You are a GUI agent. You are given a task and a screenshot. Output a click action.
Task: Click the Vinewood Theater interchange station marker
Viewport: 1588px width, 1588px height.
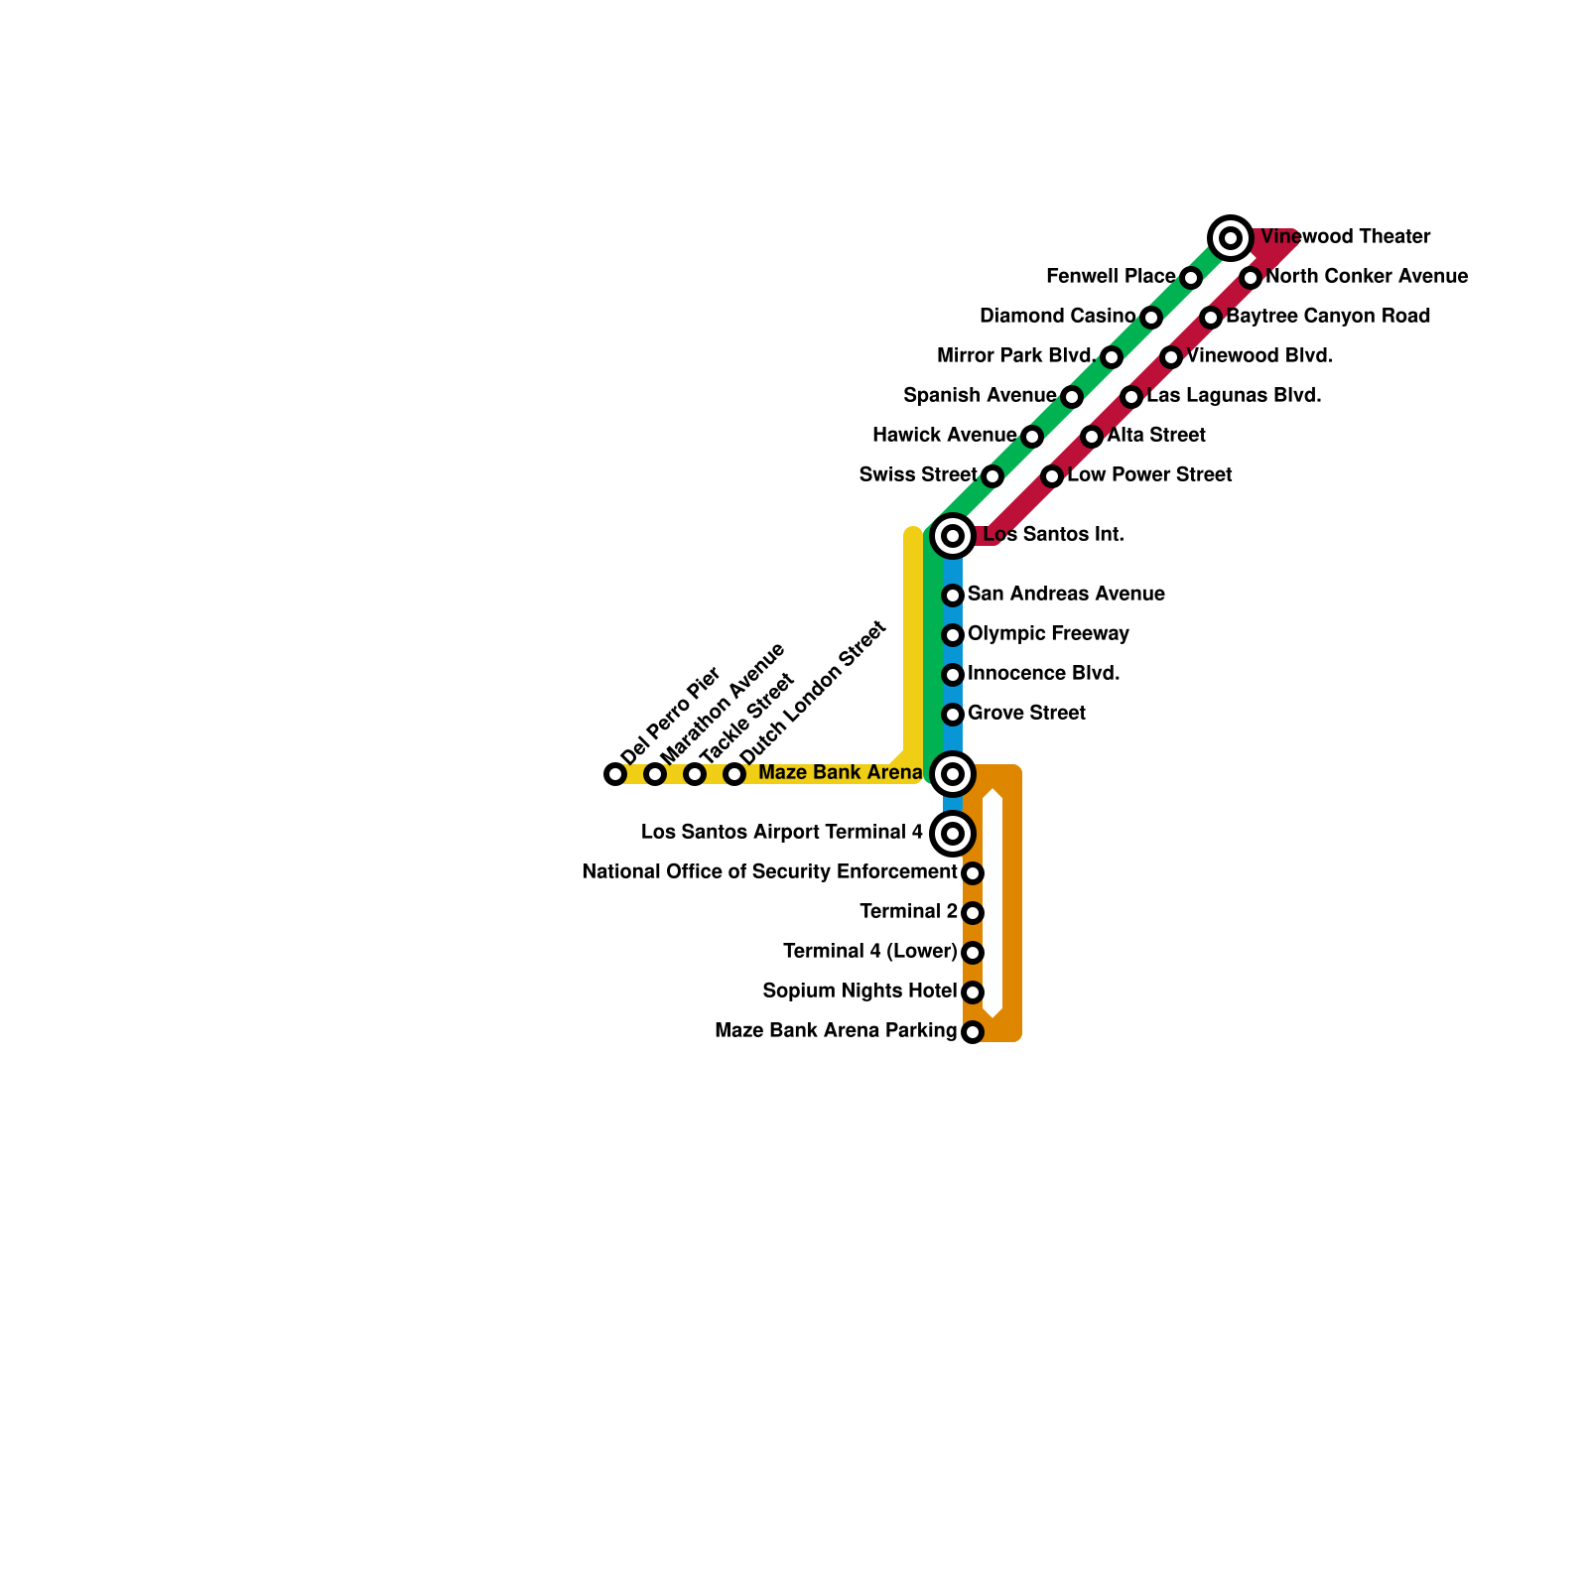(1231, 238)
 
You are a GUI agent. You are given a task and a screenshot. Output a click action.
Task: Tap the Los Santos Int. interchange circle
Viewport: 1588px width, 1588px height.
(953, 536)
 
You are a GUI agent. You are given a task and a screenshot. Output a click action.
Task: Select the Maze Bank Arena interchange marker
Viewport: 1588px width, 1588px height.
(953, 774)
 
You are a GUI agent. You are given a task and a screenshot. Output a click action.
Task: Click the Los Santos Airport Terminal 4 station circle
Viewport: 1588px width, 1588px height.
(953, 834)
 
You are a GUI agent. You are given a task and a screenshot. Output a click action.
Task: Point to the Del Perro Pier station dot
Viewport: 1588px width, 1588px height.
(615, 774)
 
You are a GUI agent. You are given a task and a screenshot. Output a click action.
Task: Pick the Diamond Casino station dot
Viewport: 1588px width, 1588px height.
(1151, 318)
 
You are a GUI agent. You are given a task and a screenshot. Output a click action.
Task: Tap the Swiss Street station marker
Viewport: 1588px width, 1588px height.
(992, 476)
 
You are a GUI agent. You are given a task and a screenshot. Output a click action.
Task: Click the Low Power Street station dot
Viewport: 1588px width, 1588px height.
(1052, 476)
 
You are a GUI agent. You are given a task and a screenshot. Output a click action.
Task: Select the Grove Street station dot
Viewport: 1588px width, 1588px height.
(953, 715)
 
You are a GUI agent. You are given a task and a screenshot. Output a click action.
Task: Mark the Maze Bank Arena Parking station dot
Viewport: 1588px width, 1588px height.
(973, 1032)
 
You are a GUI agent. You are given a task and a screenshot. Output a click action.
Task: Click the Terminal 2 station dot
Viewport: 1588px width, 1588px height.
(973, 913)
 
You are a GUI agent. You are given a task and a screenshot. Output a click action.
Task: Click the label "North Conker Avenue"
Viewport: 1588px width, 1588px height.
(1367, 277)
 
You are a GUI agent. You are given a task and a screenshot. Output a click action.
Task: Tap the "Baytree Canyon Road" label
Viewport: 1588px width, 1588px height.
(1328, 317)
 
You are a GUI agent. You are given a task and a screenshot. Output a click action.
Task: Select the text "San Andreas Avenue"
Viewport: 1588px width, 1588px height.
(1066, 595)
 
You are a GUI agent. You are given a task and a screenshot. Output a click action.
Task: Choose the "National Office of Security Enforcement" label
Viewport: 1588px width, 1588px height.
(769, 872)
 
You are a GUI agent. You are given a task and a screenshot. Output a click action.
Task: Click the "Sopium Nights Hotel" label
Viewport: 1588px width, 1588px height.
(860, 992)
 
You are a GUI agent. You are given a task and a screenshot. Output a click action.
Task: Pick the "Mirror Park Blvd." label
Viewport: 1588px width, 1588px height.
(1016, 356)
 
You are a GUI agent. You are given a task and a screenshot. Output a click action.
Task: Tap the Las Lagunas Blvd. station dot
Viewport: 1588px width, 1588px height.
(1131, 397)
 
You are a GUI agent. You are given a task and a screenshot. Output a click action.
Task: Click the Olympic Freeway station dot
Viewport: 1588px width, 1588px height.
(953, 635)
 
